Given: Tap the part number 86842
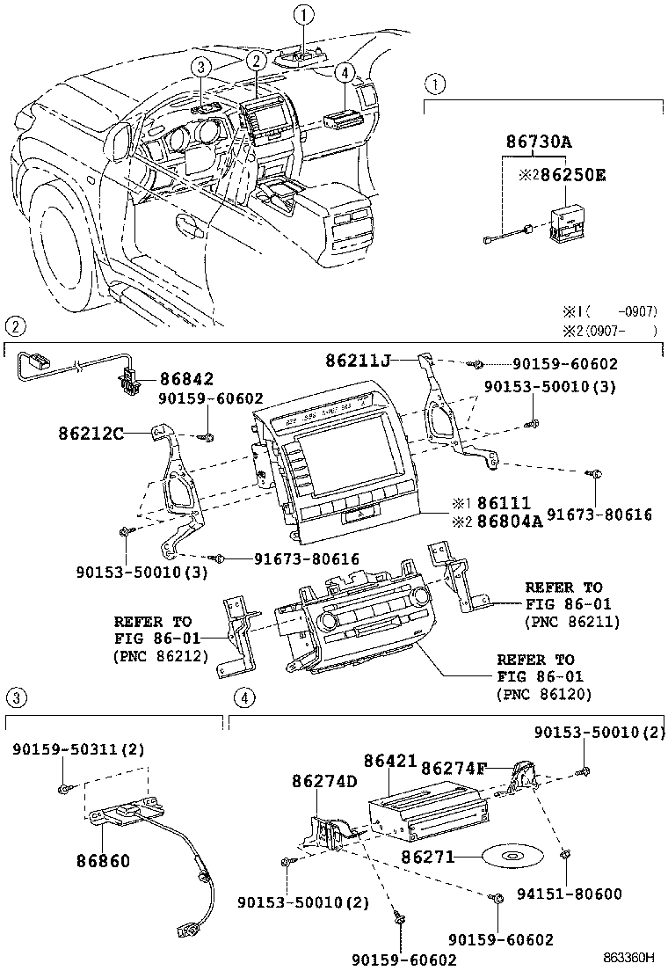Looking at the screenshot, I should (x=185, y=379).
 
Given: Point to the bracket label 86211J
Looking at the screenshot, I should (x=359, y=360).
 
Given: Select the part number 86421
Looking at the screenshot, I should (x=390, y=762).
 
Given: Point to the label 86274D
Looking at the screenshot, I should (x=324, y=781).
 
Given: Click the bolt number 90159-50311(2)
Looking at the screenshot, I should (x=78, y=748).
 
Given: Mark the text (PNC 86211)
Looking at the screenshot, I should (x=571, y=622).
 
